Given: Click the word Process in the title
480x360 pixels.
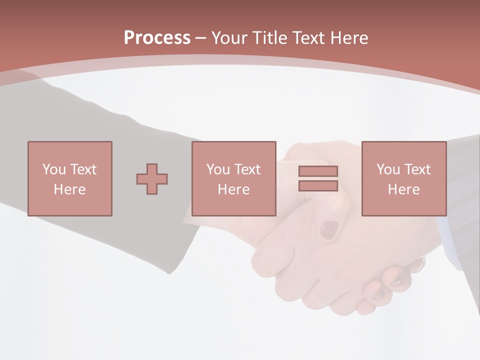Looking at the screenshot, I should [157, 37].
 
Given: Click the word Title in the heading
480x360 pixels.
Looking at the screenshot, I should [270, 37].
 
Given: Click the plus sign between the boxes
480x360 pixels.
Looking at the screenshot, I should [152, 178].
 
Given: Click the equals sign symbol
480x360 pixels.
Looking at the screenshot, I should [318, 178].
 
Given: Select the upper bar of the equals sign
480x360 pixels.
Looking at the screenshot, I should [318, 171].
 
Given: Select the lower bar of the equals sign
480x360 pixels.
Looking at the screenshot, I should [318, 186].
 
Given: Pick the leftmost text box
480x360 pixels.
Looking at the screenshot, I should [70, 178].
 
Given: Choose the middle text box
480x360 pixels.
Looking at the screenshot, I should [234, 178].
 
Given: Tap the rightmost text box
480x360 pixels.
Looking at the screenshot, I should [404, 178].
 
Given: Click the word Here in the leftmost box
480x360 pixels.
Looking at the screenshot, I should [70, 189].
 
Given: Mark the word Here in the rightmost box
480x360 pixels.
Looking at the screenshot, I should [404, 189].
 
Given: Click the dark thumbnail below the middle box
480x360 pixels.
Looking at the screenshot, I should [329, 230].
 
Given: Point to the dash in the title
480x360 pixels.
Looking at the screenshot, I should [201, 38].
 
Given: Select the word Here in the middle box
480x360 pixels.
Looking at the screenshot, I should [234, 189].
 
